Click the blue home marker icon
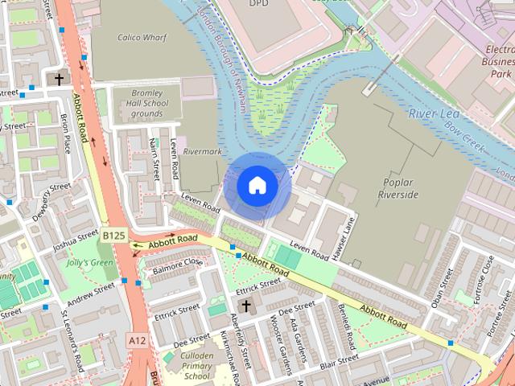pos(257,186)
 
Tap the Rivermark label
pos(202,150)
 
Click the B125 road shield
pos(113,236)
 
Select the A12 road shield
pos(138,341)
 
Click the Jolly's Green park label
pos(89,262)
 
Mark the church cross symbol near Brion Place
pos(59,79)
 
